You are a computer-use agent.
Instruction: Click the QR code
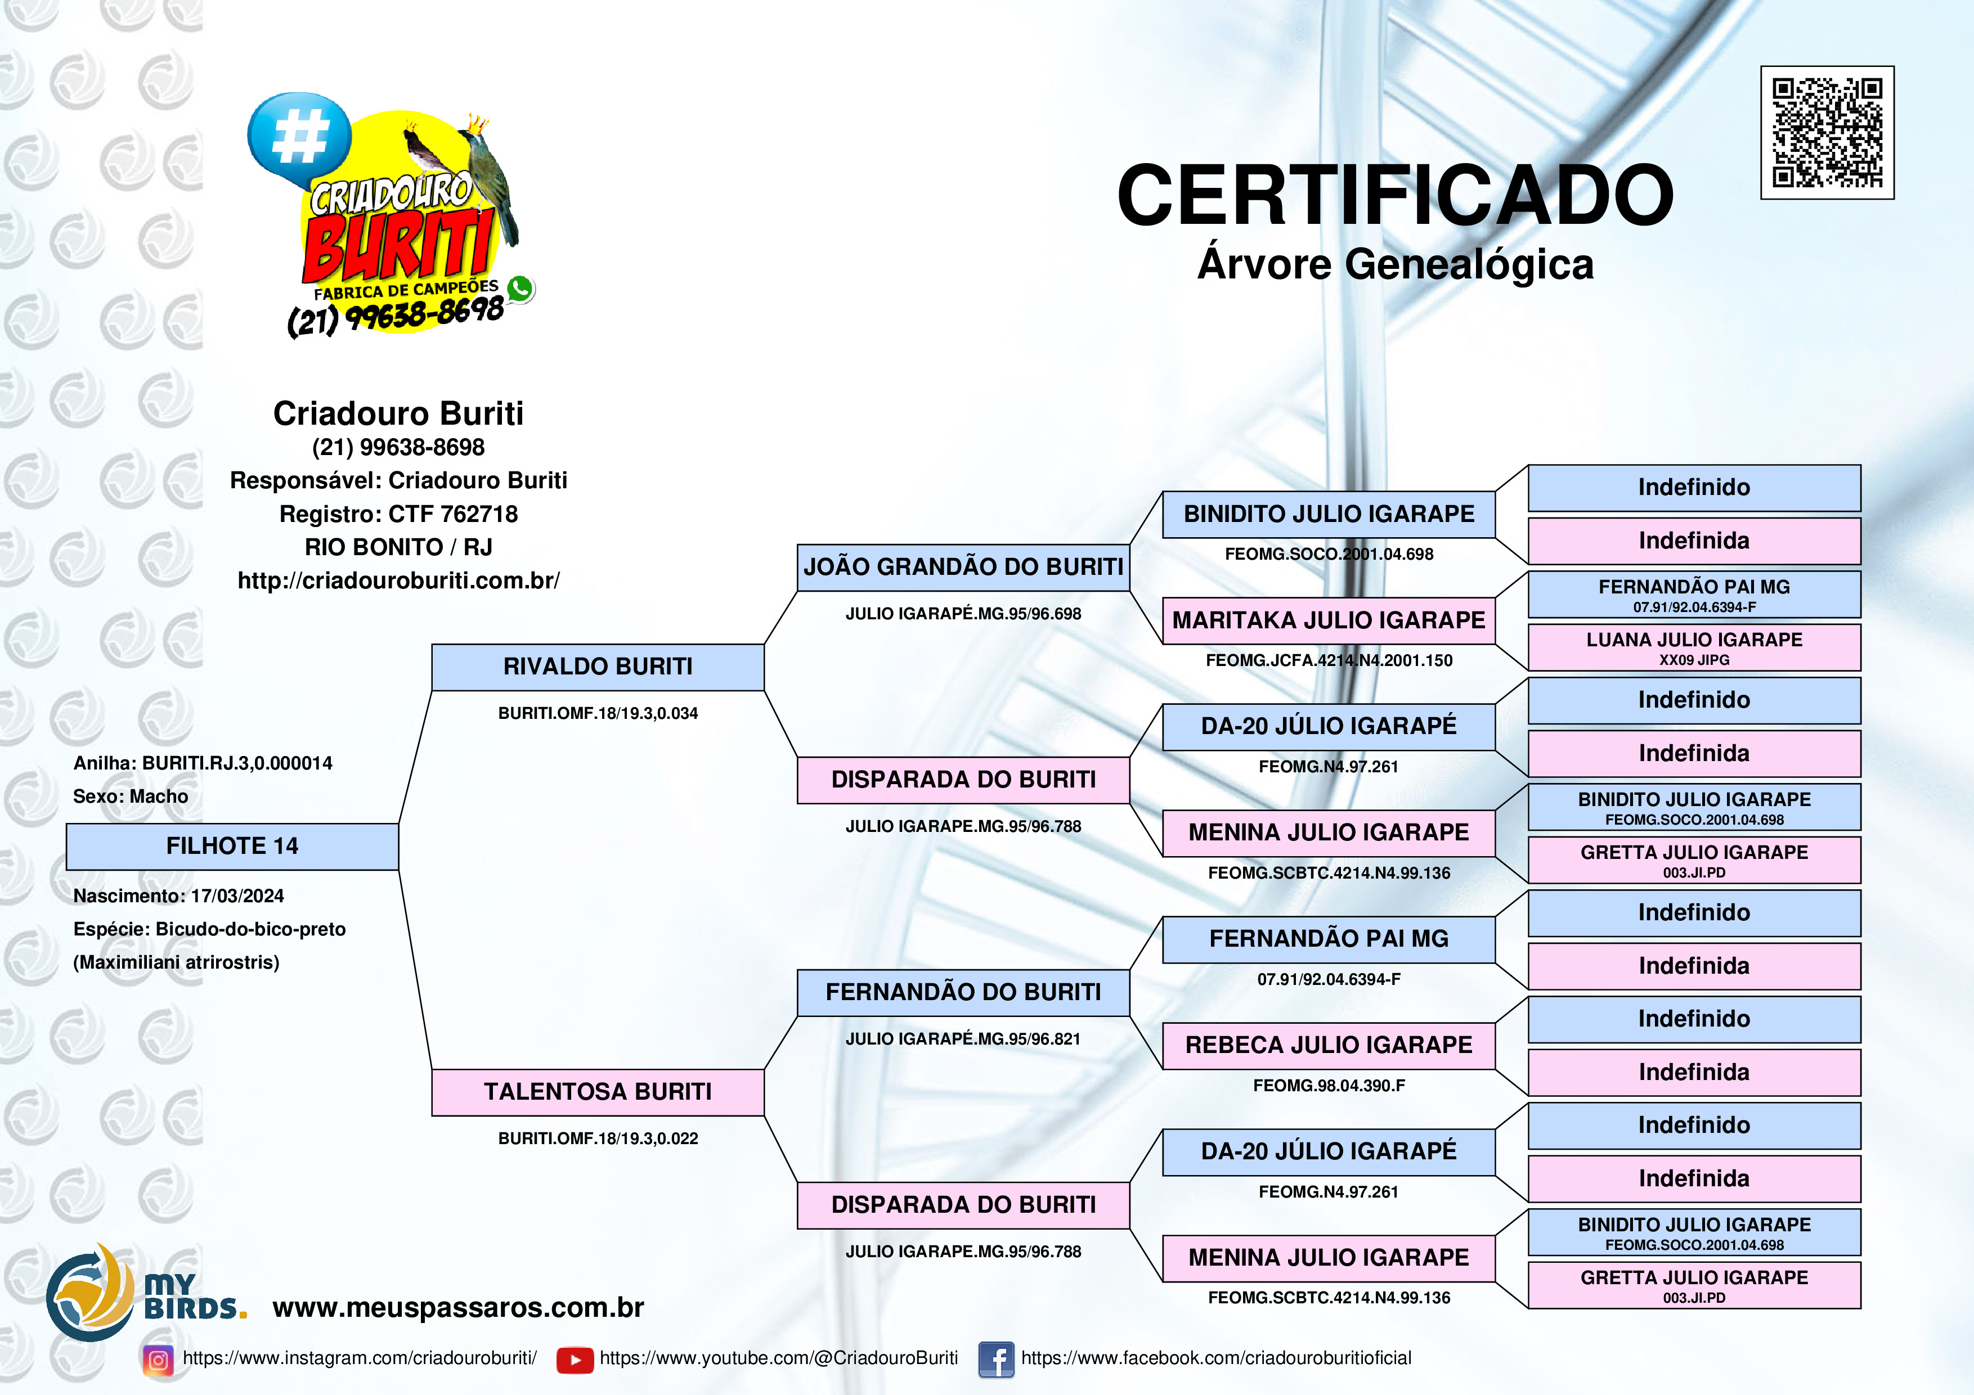tap(1827, 132)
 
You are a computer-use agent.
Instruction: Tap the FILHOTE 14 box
tap(232, 847)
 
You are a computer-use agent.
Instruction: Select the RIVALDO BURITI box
tap(598, 667)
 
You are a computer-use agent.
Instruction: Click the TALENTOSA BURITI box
tap(598, 1092)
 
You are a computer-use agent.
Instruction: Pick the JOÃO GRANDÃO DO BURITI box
tap(963, 568)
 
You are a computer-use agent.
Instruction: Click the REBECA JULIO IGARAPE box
tap(1329, 1045)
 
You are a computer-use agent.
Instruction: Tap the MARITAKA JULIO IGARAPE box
tap(1329, 620)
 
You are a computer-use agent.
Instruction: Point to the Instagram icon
tap(158, 1360)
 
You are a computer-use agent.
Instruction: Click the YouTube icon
tap(575, 1360)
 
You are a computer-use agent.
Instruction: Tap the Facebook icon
tap(997, 1360)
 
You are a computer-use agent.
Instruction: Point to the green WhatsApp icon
tap(520, 289)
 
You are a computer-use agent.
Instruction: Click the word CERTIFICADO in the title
tap(1394, 195)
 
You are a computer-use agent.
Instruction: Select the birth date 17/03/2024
tap(237, 895)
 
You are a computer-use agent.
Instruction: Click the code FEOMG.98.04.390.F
tap(1329, 1086)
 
